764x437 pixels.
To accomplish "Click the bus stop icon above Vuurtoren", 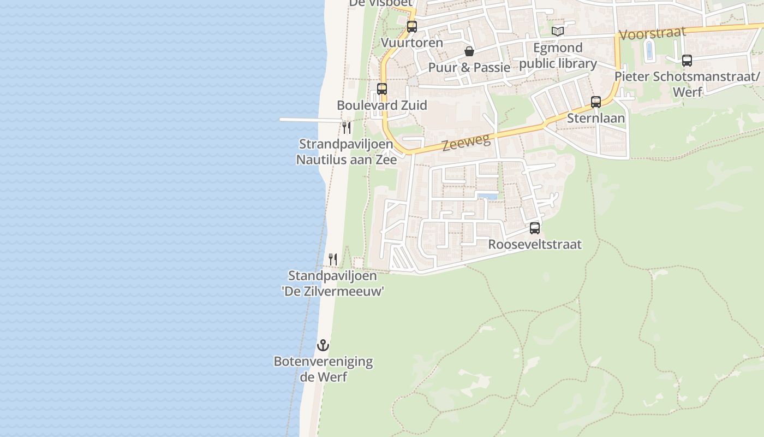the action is (x=412, y=26).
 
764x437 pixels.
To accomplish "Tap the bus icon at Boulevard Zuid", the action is (x=382, y=88).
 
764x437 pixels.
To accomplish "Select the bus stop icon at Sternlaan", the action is (x=596, y=102).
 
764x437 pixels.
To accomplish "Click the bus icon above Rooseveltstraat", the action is (x=535, y=228).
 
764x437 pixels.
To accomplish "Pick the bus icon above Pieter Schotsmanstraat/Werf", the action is (x=687, y=61).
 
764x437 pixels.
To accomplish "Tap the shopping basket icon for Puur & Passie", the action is (x=469, y=51).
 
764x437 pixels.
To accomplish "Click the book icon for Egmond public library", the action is (x=557, y=31).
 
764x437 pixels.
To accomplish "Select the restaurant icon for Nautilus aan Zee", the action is (x=347, y=128).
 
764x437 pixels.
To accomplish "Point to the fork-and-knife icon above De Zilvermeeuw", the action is (x=333, y=259).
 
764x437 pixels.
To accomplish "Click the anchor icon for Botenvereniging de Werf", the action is (x=323, y=345).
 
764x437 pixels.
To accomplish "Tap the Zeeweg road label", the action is (x=466, y=143).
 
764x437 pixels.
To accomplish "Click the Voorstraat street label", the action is (x=653, y=33).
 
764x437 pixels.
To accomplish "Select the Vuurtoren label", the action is (x=412, y=43).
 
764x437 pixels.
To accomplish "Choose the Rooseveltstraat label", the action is (x=535, y=244).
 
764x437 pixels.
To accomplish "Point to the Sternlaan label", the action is (x=596, y=118).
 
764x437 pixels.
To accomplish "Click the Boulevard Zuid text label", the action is (x=382, y=105).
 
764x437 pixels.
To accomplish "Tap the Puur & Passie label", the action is (x=469, y=68).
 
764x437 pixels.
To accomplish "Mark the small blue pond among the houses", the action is (x=487, y=196).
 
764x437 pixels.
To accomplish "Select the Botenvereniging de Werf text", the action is (x=323, y=369).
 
